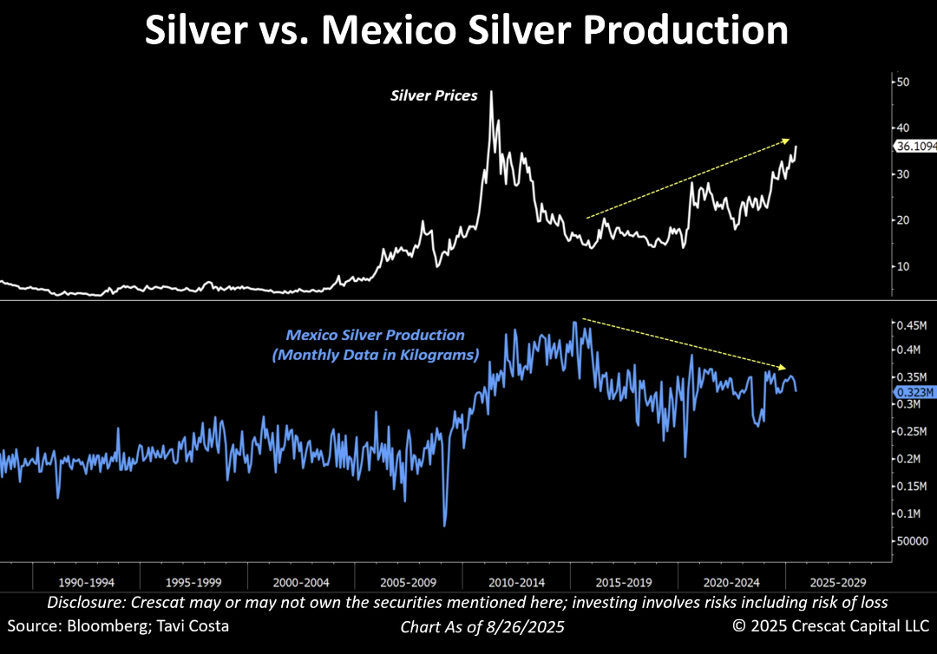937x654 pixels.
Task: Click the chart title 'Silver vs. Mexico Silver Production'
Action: [x=467, y=31]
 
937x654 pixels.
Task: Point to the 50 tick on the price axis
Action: [x=903, y=82]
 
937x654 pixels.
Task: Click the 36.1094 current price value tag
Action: [x=915, y=147]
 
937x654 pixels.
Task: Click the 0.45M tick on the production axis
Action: [x=912, y=325]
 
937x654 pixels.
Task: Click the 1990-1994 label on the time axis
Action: [x=86, y=583]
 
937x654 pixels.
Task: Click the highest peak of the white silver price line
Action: [x=492, y=91]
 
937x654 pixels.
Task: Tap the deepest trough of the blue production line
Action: [x=445, y=525]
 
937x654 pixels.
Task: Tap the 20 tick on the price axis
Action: [x=903, y=220]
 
